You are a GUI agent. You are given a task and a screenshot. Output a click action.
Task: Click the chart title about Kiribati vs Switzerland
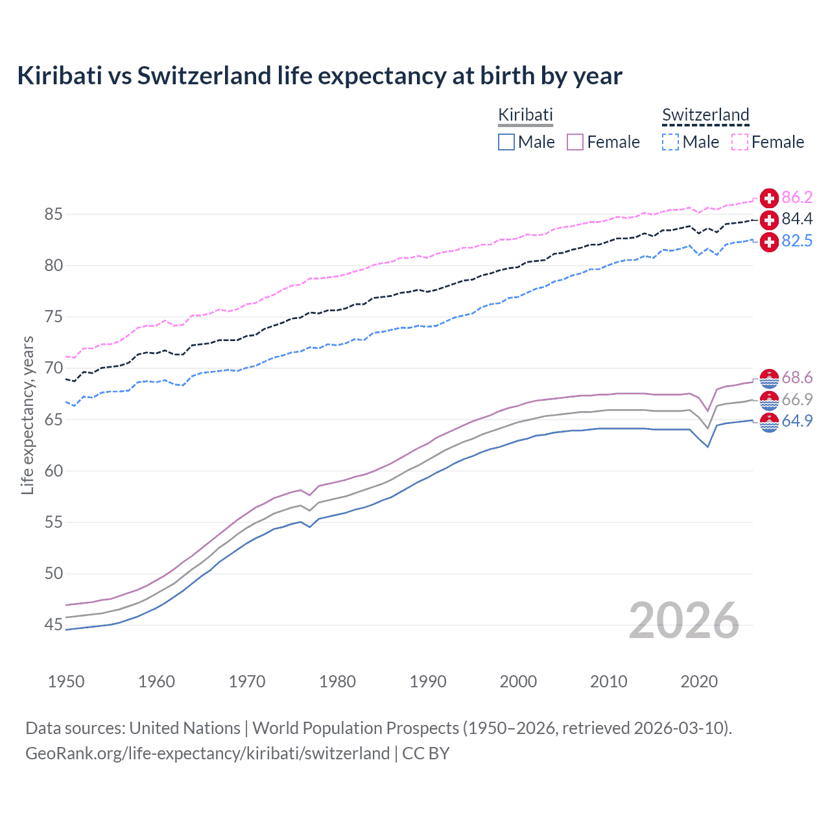(x=320, y=76)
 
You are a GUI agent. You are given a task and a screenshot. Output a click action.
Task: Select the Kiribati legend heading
(x=525, y=115)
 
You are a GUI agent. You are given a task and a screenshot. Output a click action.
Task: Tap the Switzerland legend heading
(x=705, y=115)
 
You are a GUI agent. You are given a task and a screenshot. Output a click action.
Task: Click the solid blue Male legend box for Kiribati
(x=506, y=142)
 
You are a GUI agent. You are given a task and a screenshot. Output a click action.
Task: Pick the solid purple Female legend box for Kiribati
(x=575, y=142)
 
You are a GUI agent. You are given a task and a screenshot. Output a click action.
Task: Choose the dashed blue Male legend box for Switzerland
(x=670, y=142)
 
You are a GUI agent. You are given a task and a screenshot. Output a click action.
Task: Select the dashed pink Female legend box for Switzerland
(x=740, y=142)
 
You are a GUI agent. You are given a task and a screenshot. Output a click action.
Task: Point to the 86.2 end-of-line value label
(x=797, y=197)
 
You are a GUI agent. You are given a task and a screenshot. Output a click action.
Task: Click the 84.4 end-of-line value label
(x=797, y=219)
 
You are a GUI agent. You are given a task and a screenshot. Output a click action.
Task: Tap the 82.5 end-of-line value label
(x=797, y=241)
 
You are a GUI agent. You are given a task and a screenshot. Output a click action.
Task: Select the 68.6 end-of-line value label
(x=797, y=377)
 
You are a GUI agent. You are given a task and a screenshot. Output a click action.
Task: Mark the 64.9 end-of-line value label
(x=797, y=421)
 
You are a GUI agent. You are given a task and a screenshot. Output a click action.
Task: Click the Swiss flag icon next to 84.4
(x=769, y=220)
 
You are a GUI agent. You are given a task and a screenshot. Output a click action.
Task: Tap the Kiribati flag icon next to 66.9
(x=769, y=400)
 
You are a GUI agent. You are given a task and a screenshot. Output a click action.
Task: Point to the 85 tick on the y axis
(x=53, y=214)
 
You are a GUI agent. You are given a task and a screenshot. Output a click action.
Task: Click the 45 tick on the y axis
(x=53, y=625)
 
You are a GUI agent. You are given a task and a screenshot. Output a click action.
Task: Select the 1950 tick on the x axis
(x=66, y=682)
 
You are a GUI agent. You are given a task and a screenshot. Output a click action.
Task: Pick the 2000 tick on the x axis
(x=518, y=682)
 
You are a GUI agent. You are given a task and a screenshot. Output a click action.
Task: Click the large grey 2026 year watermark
(x=684, y=621)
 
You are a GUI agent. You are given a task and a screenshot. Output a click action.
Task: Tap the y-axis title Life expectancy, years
(x=28, y=415)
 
